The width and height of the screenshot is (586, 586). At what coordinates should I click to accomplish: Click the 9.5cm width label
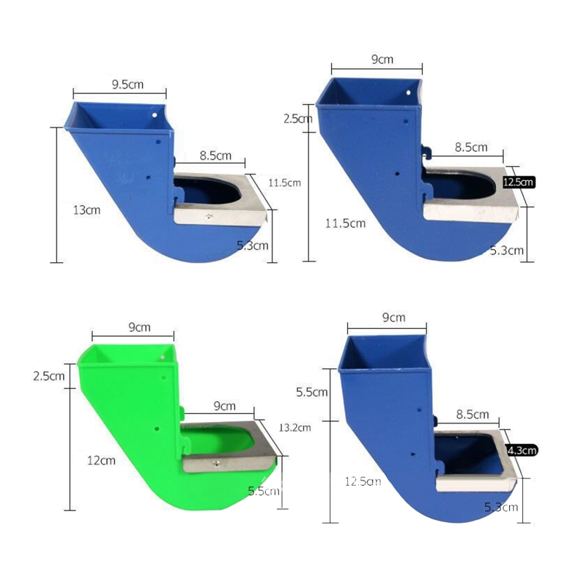[127, 84]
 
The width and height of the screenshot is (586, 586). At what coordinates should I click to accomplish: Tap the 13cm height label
[87, 209]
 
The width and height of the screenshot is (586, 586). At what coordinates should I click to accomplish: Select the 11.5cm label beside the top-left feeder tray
[285, 182]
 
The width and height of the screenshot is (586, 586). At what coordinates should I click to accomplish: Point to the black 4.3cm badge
[522, 450]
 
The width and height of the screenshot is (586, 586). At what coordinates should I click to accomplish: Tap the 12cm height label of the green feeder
[102, 461]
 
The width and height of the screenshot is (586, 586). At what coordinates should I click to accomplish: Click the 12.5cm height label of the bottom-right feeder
[363, 481]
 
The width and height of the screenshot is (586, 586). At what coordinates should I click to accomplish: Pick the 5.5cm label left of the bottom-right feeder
[311, 393]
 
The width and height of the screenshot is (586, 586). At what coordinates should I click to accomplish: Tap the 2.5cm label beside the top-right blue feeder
[298, 117]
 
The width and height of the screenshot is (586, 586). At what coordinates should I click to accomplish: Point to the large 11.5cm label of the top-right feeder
[344, 222]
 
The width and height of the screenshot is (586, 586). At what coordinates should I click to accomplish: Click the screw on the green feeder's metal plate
[217, 462]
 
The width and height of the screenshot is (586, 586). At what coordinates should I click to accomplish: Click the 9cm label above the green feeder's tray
[223, 405]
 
